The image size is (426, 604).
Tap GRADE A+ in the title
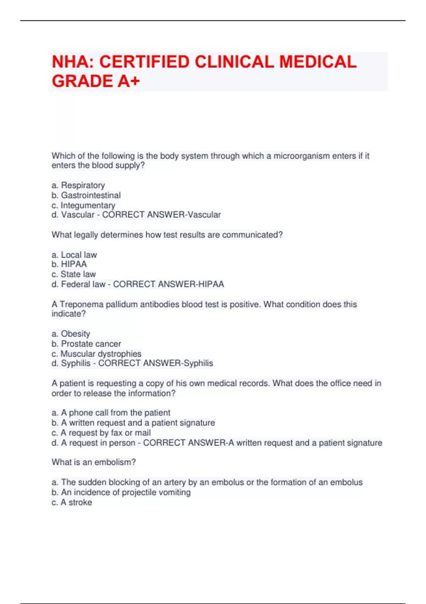96,81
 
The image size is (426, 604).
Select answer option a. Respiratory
78,185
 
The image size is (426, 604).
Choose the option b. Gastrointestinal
86,195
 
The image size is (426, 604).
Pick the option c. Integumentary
83,205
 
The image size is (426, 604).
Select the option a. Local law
74,255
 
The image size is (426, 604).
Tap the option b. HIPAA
69,264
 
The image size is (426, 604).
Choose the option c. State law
74,274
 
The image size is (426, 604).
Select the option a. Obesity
71,334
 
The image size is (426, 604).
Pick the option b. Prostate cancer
86,344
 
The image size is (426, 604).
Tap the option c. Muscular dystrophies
96,354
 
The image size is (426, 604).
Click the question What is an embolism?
94,462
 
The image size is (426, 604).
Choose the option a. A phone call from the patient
111,413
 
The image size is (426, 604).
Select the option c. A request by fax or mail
101,433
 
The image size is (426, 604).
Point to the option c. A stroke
72,502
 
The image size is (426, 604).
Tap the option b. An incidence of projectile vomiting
121,492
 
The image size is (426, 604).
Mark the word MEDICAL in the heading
318,62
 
